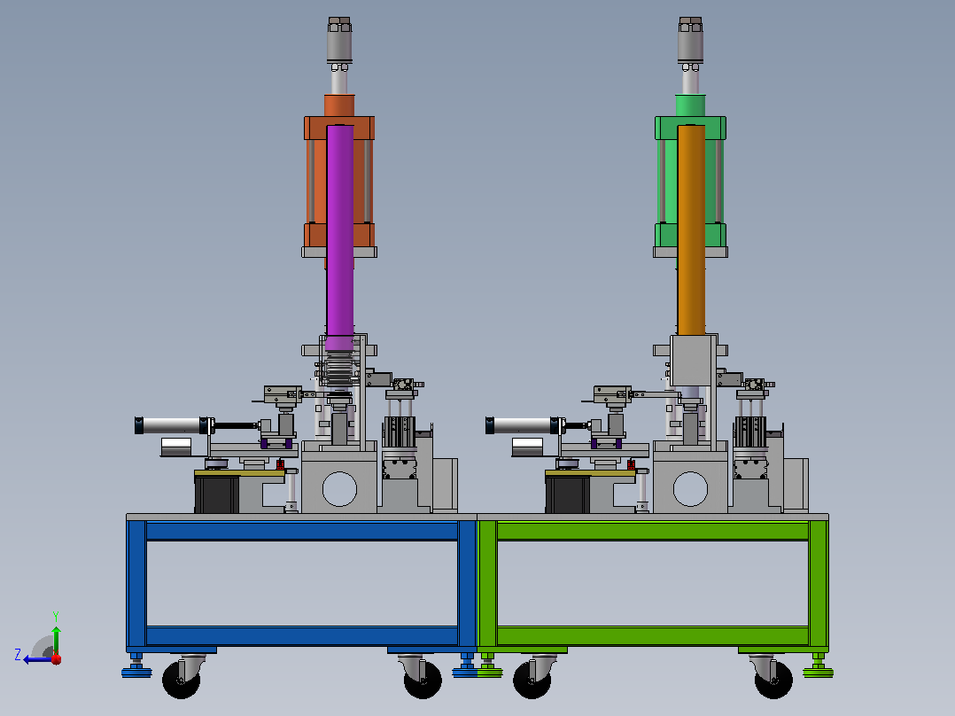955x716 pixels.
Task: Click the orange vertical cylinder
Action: (691, 230)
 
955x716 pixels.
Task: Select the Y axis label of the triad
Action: (56, 616)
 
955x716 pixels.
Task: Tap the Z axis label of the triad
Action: (18, 655)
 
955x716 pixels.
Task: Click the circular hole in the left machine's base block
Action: (339, 489)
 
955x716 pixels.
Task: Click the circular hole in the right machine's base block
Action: (690, 489)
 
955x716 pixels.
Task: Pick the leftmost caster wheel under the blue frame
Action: (181, 679)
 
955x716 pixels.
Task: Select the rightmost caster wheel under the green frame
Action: (773, 679)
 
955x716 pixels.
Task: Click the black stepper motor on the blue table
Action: (216, 494)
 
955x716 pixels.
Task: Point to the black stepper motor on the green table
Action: (567, 494)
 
